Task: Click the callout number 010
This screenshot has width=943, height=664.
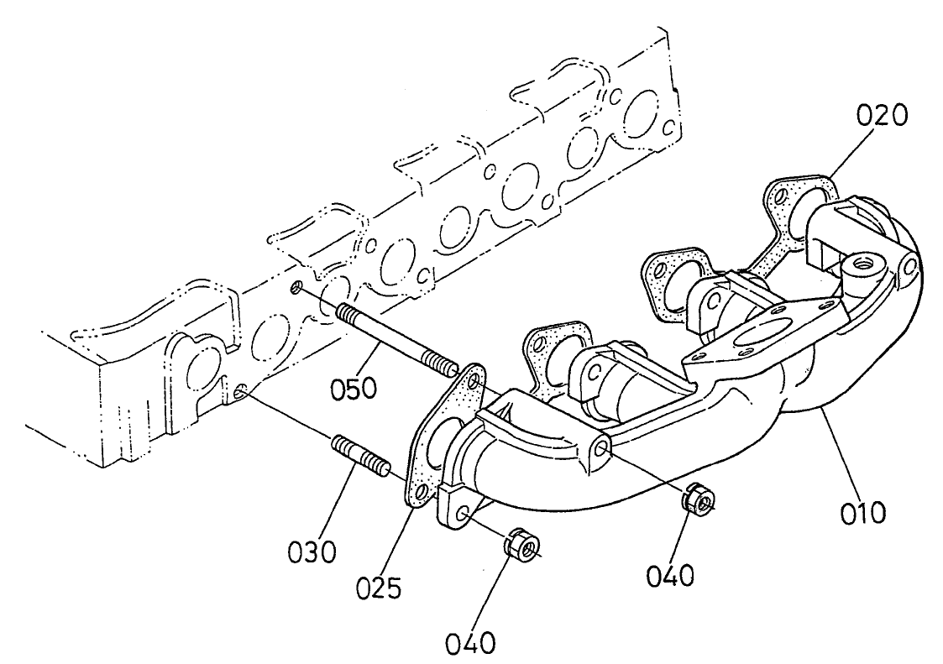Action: point(865,510)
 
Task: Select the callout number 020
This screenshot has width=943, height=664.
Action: point(882,116)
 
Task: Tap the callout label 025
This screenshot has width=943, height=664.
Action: point(378,585)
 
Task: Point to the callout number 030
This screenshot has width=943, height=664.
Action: point(310,552)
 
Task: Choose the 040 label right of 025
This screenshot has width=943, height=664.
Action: point(672,575)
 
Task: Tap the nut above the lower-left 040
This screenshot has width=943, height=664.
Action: point(521,546)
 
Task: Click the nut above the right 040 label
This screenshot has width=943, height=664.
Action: point(695,498)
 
